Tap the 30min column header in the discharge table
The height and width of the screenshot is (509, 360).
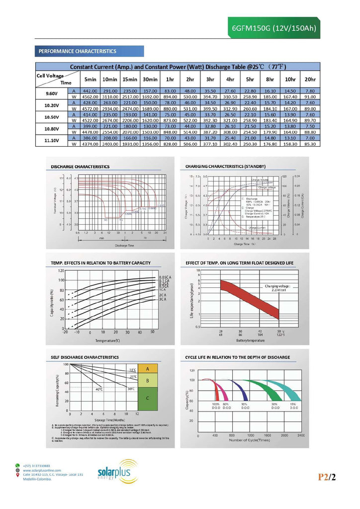pos(150,80)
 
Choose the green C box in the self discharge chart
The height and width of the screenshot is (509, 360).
pos(147,398)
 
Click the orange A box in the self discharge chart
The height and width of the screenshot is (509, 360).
pos(147,369)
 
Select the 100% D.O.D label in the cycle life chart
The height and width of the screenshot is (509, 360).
pos(216,406)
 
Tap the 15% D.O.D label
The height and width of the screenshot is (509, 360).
pos(293,406)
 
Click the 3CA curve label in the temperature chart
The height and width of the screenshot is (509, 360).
pos(162,299)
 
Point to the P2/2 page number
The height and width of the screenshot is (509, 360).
pos(328,478)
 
